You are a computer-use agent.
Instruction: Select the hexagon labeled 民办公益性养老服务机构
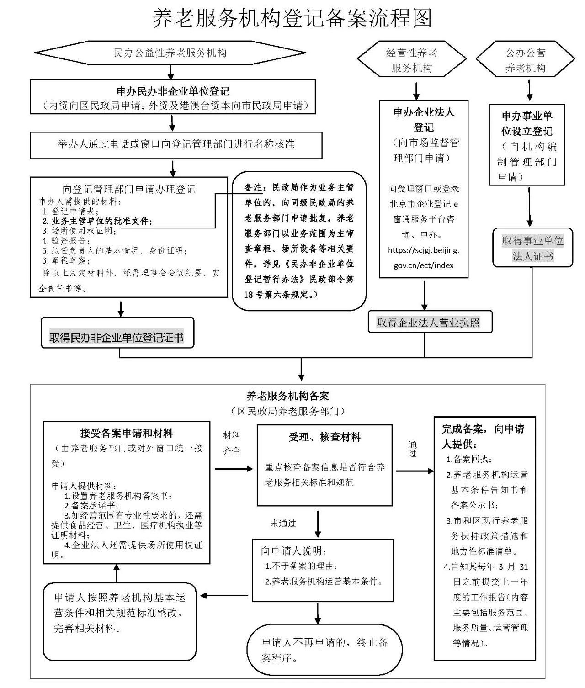170,53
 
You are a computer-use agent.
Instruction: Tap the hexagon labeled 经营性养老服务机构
411,60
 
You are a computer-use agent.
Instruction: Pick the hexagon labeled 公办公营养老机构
525,60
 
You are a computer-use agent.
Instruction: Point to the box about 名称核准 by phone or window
176,144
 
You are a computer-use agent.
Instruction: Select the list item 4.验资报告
66,241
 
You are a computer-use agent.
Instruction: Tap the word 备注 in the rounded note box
254,187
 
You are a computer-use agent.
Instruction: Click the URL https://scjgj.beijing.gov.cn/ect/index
424,258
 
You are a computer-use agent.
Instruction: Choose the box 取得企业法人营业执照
428,323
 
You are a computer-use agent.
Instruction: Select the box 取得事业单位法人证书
532,249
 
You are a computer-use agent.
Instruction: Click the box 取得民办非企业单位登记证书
117,338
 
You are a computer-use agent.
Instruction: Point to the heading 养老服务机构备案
287,396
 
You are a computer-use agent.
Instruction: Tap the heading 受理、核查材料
324,437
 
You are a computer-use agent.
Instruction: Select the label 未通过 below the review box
283,524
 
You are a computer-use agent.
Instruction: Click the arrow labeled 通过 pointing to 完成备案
413,449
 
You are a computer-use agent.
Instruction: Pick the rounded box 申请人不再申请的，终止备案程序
324,650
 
